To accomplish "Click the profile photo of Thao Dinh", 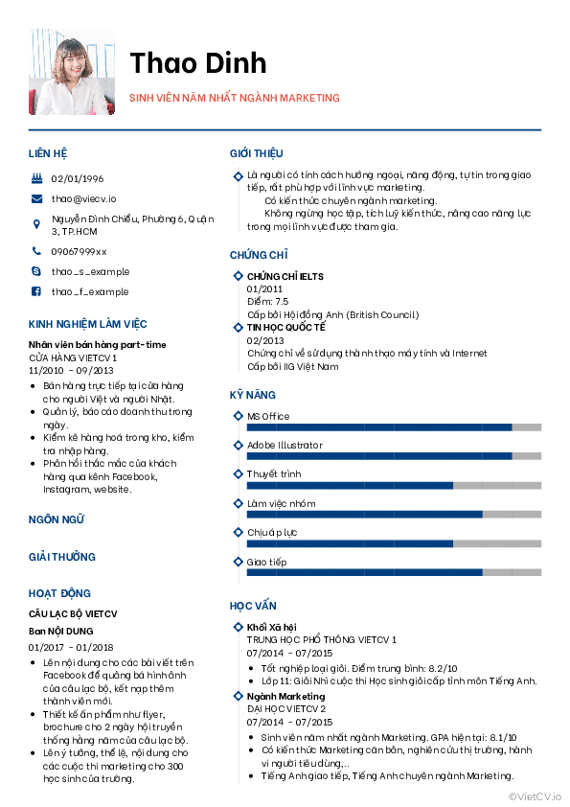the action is pyautogui.click(x=73, y=71).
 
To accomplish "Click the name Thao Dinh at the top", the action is pyautogui.click(x=198, y=62).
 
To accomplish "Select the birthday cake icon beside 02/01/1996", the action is pyautogui.click(x=36, y=178).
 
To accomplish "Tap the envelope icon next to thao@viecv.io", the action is pyautogui.click(x=36, y=198).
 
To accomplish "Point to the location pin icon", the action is pyautogui.click(x=36, y=225).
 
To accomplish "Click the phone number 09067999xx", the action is pyautogui.click(x=79, y=251).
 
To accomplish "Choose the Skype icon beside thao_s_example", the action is pyautogui.click(x=36, y=271).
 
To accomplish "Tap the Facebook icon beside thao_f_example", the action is pyautogui.click(x=36, y=291).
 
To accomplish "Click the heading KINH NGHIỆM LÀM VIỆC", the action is pyautogui.click(x=87, y=324).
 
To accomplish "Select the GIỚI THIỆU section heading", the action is pyautogui.click(x=256, y=153).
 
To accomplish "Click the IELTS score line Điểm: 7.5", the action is pyautogui.click(x=267, y=301).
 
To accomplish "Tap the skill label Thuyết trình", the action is pyautogui.click(x=274, y=473).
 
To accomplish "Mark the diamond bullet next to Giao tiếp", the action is pyautogui.click(x=237, y=562).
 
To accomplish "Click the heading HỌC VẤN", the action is pyautogui.click(x=253, y=606).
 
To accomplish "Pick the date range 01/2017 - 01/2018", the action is pyautogui.click(x=71, y=647).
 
